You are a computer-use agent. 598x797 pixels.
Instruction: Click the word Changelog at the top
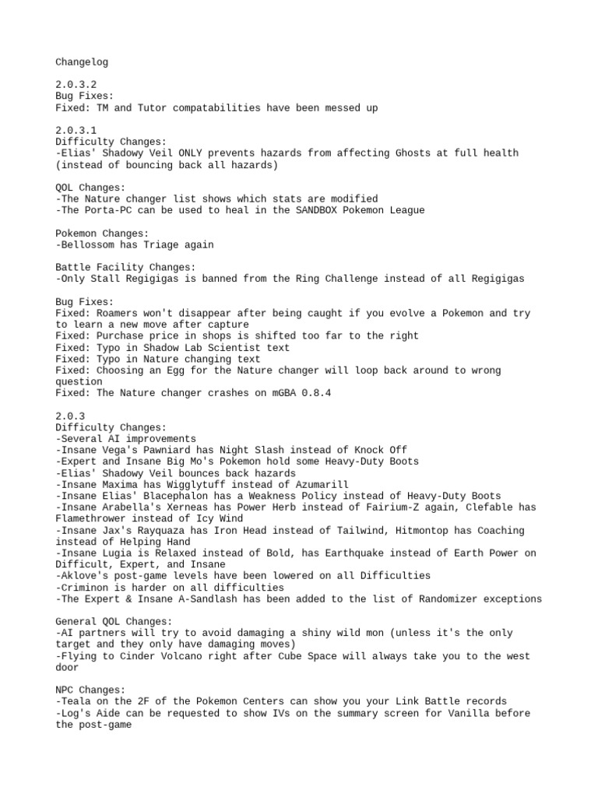[x=81, y=61]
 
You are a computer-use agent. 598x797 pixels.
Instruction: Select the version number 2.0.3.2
[x=76, y=85]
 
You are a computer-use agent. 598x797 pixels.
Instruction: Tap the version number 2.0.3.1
[x=76, y=131]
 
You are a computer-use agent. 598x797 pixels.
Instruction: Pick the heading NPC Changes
[x=90, y=690]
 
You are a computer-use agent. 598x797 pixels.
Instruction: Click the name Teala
[x=76, y=702]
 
